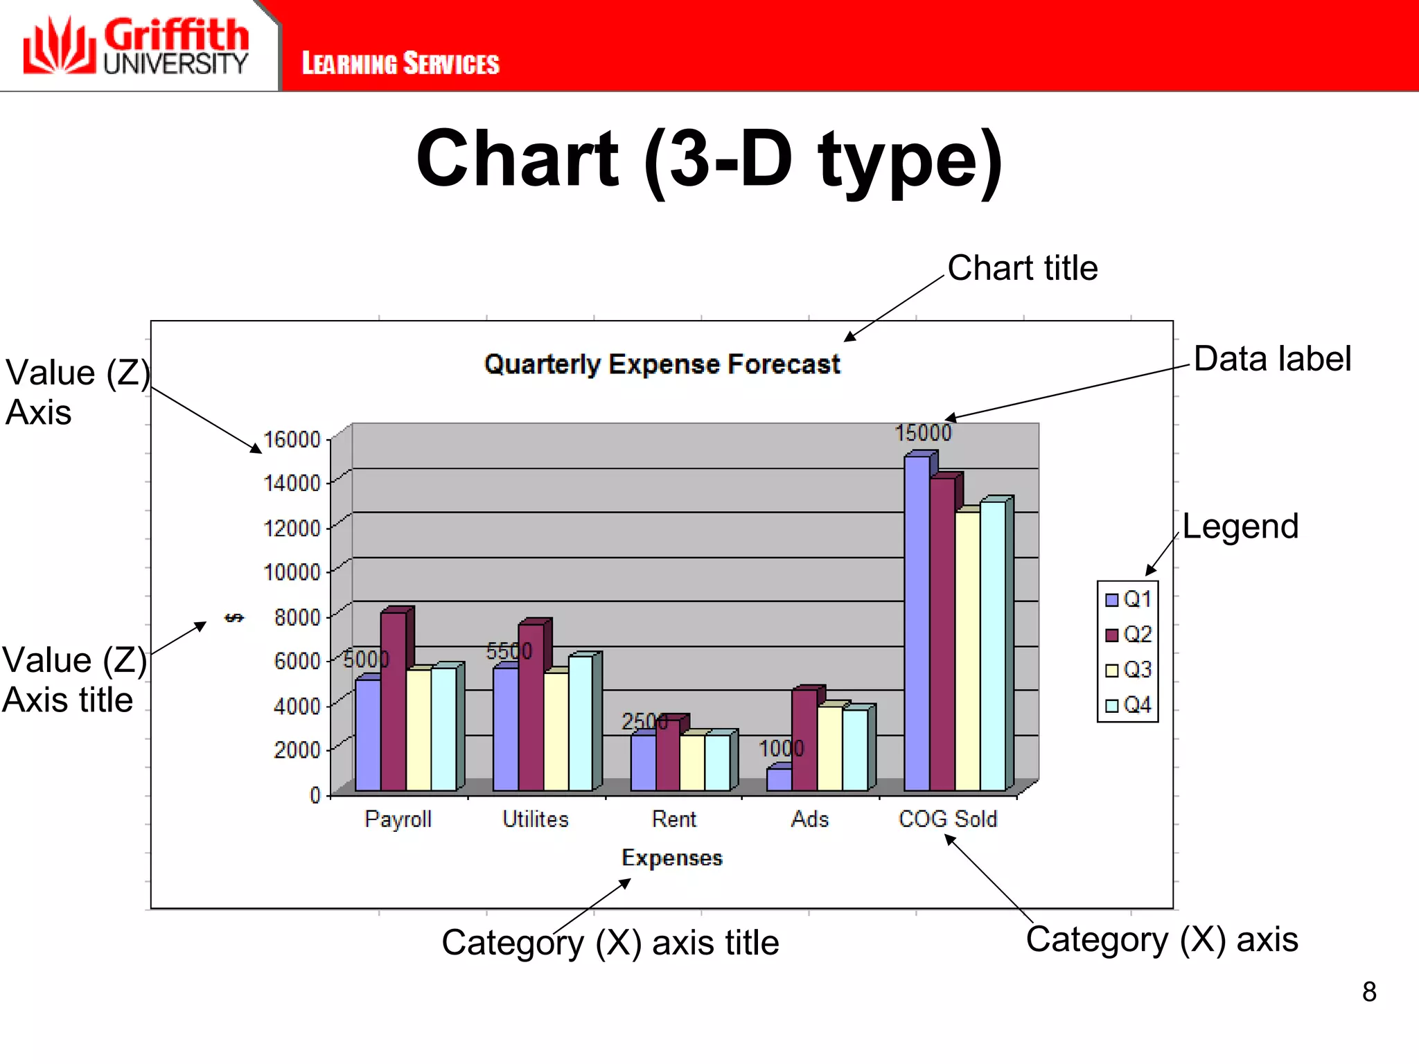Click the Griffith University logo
pyautogui.click(x=136, y=46)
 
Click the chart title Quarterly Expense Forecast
pyautogui.click(x=662, y=364)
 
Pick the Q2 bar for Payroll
pyautogui.click(x=393, y=700)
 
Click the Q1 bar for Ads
pyautogui.click(x=779, y=779)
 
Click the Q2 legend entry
pyautogui.click(x=1129, y=635)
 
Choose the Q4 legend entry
pyautogui.click(x=1129, y=705)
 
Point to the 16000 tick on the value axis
pyautogui.click(x=292, y=439)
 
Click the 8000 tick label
pyautogui.click(x=297, y=617)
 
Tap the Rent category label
pyautogui.click(x=673, y=819)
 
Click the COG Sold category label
pyautogui.click(x=947, y=819)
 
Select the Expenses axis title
pyautogui.click(x=672, y=858)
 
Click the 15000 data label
pyautogui.click(x=923, y=433)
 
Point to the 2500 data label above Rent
pyautogui.click(x=644, y=722)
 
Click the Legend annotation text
pyautogui.click(x=1240, y=526)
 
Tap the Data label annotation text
pyautogui.click(x=1272, y=359)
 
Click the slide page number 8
pyautogui.click(x=1369, y=992)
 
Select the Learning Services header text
pyautogui.click(x=400, y=64)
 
